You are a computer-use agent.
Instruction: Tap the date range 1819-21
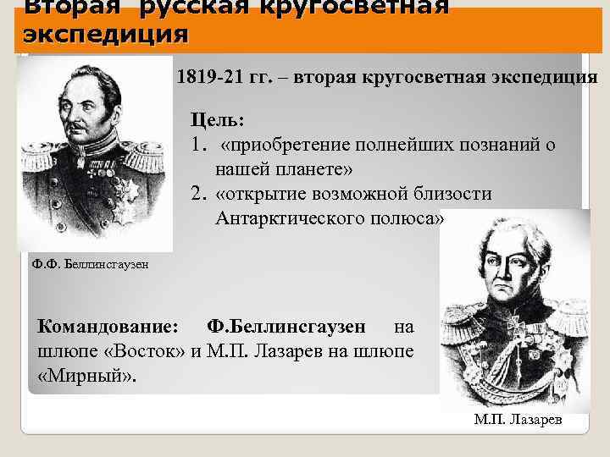point(203,77)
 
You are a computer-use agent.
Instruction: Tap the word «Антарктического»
point(294,218)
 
